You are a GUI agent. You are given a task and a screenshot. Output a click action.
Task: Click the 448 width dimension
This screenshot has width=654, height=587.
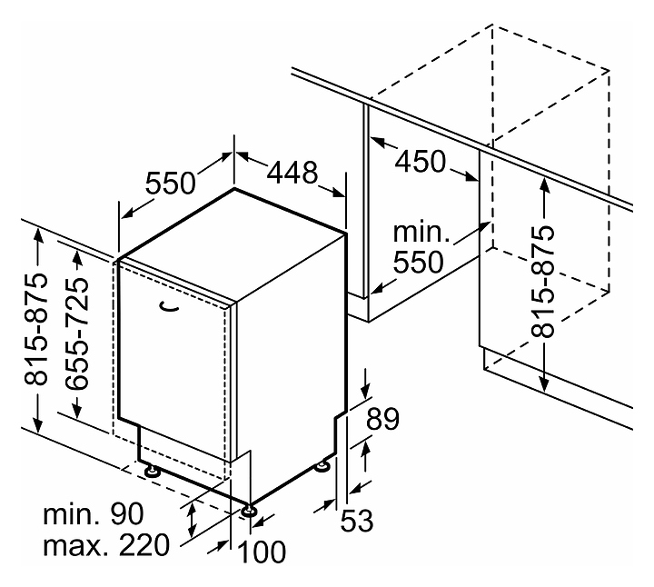click(x=292, y=173)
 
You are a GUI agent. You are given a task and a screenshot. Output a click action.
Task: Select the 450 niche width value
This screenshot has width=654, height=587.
click(x=420, y=162)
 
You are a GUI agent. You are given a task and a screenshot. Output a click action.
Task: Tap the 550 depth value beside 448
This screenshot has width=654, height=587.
click(x=170, y=183)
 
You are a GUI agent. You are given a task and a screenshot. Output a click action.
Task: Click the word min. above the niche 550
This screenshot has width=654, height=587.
click(x=421, y=232)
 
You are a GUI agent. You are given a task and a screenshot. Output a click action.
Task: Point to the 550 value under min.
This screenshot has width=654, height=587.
click(x=419, y=262)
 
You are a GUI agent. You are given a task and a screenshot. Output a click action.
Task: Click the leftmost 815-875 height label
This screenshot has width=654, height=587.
click(x=35, y=329)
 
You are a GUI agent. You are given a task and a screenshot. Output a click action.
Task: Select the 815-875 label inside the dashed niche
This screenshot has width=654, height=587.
click(x=543, y=281)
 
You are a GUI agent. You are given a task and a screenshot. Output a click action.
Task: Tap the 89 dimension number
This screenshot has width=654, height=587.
click(x=382, y=419)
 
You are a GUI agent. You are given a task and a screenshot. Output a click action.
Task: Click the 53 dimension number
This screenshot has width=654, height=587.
click(x=357, y=521)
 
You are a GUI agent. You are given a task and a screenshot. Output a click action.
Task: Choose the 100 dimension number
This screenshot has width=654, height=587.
click(x=262, y=552)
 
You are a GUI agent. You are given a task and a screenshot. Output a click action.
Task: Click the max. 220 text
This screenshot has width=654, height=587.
click(x=107, y=544)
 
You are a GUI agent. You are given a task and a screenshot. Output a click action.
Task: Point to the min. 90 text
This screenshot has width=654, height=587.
click(x=94, y=514)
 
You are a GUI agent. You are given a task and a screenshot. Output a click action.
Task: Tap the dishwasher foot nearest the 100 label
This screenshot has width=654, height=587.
click(x=250, y=511)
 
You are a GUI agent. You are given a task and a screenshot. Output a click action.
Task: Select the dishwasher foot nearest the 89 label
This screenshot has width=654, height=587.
click(x=322, y=465)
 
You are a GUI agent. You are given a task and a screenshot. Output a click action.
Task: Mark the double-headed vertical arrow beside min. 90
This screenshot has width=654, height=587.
click(x=192, y=521)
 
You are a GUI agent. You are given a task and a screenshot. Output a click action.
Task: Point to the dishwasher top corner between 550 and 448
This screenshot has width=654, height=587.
click(x=234, y=189)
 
